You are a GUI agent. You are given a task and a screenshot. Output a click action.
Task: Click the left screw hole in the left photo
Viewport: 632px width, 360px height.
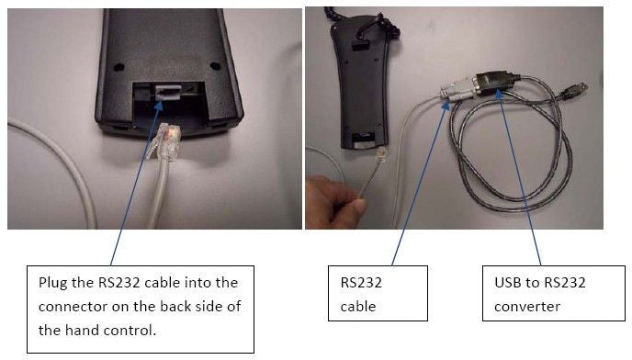point(118,67)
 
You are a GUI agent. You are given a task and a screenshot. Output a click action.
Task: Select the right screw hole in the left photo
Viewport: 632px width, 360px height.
point(215,66)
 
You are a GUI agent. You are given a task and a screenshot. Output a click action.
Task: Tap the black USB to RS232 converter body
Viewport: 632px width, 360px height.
point(494,82)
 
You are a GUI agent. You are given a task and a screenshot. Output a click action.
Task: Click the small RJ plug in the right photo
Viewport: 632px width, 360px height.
point(381,155)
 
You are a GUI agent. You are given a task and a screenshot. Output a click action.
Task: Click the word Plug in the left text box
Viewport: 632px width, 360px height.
point(52,283)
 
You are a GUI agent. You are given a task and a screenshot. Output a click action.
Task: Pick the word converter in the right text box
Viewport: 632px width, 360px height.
point(527,307)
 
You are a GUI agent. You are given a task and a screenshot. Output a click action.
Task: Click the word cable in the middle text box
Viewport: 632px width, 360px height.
point(358,307)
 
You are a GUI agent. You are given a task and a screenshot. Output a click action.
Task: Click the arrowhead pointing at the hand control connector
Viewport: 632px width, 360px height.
point(158,107)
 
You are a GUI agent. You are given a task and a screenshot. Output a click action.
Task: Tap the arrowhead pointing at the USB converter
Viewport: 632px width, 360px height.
point(500,94)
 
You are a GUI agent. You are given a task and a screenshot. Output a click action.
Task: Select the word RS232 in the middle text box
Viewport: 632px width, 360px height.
point(361,283)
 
